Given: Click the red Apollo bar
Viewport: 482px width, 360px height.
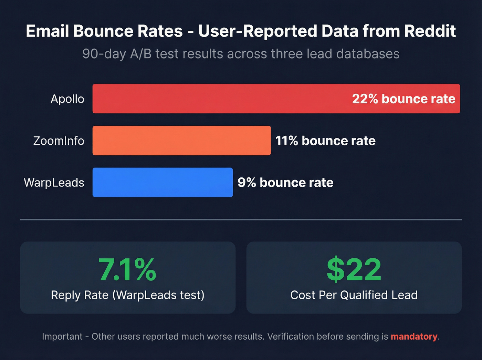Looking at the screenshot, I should pos(220,99).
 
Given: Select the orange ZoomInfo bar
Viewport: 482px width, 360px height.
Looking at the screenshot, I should pos(181,141).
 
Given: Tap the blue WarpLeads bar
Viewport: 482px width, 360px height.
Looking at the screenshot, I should pos(163,182).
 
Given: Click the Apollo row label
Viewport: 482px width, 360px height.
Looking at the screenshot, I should pos(67,99).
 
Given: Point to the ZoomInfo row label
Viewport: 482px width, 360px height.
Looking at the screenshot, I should pos(59,141).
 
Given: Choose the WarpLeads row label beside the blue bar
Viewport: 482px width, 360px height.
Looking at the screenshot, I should pos(54,182).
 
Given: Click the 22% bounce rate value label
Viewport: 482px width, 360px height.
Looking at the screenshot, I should pos(404,99).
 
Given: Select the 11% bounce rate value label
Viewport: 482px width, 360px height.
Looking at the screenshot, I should pos(325,141).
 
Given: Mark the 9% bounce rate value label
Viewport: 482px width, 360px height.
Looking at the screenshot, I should pos(285,182).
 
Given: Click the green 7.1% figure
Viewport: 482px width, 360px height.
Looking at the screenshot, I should pos(127,270).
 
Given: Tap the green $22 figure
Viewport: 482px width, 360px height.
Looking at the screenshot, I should pos(354,270).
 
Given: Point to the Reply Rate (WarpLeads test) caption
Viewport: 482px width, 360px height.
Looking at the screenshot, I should pos(128,295).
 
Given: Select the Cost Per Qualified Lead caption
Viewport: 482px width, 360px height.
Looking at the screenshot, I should pos(354,295).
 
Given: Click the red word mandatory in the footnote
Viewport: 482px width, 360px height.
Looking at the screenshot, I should pos(414,336).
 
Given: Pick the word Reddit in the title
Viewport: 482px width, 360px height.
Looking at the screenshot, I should pos(430,31).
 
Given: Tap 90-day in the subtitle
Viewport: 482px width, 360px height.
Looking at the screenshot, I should pos(104,54).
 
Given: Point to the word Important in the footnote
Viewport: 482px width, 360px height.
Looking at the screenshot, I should pos(62,336).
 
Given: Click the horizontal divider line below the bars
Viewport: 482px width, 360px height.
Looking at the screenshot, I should pos(241,219).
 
